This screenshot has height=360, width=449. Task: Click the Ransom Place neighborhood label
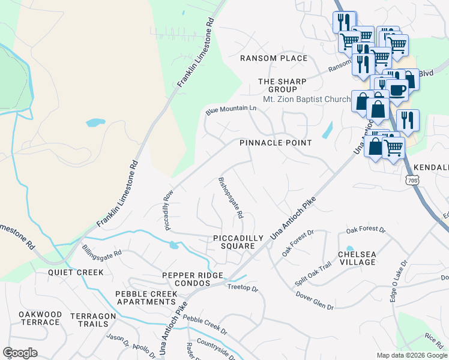click(x=274, y=58)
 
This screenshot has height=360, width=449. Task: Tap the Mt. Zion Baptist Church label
click(x=306, y=99)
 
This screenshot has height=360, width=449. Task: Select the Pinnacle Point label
click(x=276, y=143)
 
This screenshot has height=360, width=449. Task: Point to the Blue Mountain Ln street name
click(x=231, y=109)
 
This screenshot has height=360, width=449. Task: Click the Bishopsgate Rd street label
click(x=231, y=197)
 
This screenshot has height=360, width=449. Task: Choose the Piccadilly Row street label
click(x=168, y=211)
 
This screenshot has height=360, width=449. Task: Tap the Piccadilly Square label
click(x=238, y=242)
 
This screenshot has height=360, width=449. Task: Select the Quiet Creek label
click(x=76, y=272)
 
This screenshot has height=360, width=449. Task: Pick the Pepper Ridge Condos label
click(x=193, y=279)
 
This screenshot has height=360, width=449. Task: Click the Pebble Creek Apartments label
click(x=146, y=298)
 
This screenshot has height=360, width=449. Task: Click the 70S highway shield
click(x=411, y=179)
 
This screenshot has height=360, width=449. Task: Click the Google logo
click(x=20, y=353)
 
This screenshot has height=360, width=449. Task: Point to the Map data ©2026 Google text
click(x=411, y=355)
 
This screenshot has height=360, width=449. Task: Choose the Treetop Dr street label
click(x=243, y=289)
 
